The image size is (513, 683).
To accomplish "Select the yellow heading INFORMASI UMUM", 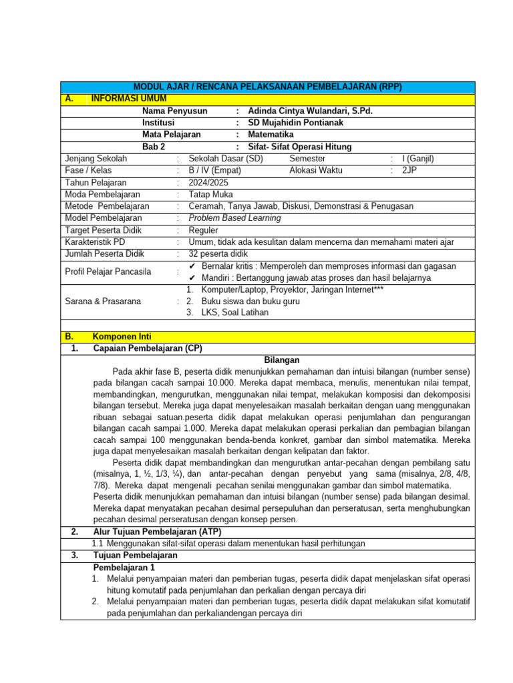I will click(120, 99).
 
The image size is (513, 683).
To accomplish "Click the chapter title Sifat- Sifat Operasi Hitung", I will click(299, 147).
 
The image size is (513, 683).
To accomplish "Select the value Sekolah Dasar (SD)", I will click(226, 159).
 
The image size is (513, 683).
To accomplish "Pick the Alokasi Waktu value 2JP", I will click(408, 171).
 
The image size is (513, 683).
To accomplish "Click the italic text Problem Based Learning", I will click(234, 218).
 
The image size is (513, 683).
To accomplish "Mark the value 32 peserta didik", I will click(218, 254).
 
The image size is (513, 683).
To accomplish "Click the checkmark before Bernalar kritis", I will click(192, 266).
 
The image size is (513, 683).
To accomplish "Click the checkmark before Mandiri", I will click(192, 277).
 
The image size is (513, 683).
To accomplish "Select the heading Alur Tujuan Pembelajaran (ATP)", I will click(157, 532).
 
